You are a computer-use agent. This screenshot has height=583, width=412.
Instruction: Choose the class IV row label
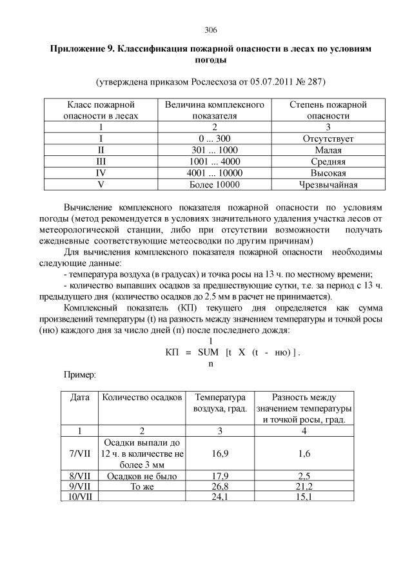point(100,173)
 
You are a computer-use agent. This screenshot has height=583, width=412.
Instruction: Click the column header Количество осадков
point(142,398)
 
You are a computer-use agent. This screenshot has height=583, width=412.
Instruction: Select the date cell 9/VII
point(79,486)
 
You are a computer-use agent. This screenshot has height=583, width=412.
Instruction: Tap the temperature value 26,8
point(221,486)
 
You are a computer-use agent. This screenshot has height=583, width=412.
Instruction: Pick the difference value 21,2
point(304,486)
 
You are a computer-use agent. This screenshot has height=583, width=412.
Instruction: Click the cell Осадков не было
point(142,476)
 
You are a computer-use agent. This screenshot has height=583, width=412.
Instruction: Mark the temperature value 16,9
point(221,454)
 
